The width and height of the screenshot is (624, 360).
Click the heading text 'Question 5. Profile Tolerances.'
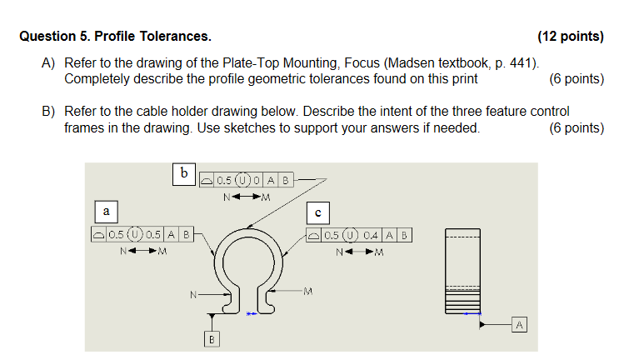(115, 37)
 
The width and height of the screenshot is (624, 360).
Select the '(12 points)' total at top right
(571, 37)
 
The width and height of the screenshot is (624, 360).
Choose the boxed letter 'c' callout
(317, 212)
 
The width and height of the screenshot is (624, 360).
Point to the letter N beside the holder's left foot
(192, 294)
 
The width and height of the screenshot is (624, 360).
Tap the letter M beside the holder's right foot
(308, 291)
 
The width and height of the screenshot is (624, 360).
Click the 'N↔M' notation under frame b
(247, 197)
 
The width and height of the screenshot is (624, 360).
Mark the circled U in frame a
(137, 235)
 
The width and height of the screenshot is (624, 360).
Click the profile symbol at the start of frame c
(312, 235)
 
